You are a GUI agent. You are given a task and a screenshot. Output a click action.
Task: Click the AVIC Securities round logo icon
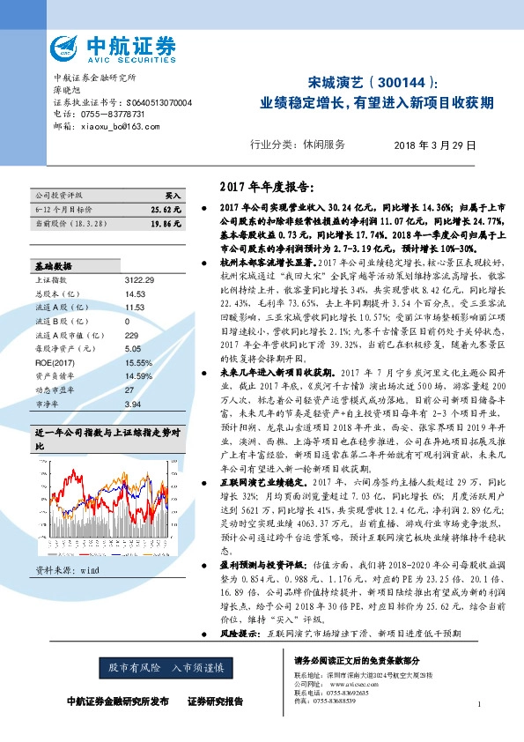(67, 47)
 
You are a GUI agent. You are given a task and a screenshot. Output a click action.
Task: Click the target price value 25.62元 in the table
(165, 210)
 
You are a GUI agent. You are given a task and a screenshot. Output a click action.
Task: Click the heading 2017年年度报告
(265, 187)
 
